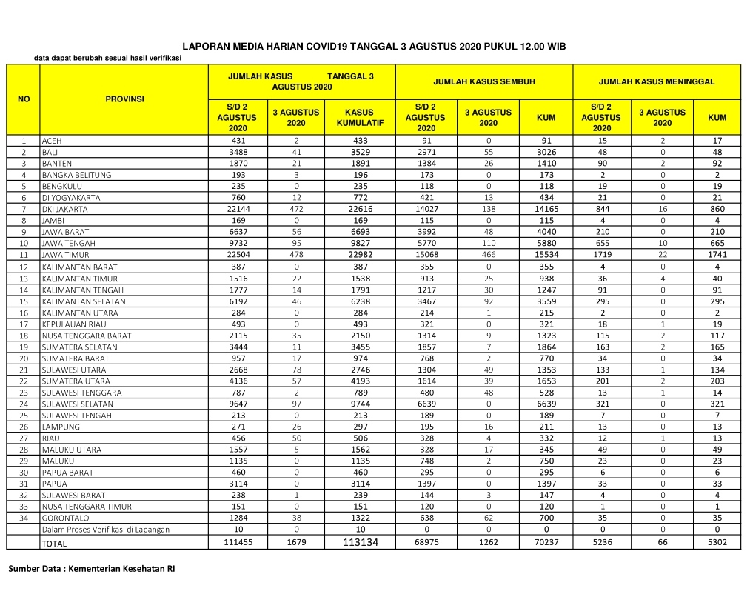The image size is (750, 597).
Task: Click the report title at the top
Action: pos(374,46)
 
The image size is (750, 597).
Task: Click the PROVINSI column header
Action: pos(124,99)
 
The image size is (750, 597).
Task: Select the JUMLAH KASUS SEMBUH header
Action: pos(483,81)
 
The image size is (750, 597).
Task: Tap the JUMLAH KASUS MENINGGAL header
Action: pos(657,81)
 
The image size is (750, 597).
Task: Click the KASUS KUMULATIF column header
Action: pos(360,118)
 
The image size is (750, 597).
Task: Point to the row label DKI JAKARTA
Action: pos(65,210)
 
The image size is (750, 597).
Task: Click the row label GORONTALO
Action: pos(64,518)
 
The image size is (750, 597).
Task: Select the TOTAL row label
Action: pos(54,544)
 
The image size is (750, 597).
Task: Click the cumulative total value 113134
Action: pos(360,543)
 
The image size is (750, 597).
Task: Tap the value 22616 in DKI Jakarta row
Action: pos(360,209)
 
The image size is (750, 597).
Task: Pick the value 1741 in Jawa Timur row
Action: pos(717,255)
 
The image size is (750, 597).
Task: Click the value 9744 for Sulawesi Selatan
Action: pos(360,404)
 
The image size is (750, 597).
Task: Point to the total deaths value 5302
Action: pos(717,543)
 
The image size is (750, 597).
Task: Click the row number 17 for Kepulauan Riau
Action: pos(24,324)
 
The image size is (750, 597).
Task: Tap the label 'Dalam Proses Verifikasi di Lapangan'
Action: pos(106,529)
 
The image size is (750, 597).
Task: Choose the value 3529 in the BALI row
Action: pos(360,152)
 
